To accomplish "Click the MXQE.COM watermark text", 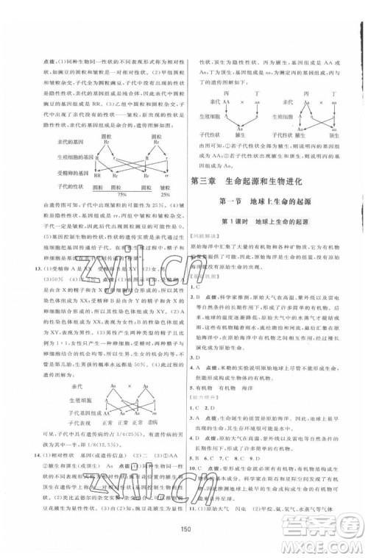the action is point(328,545).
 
